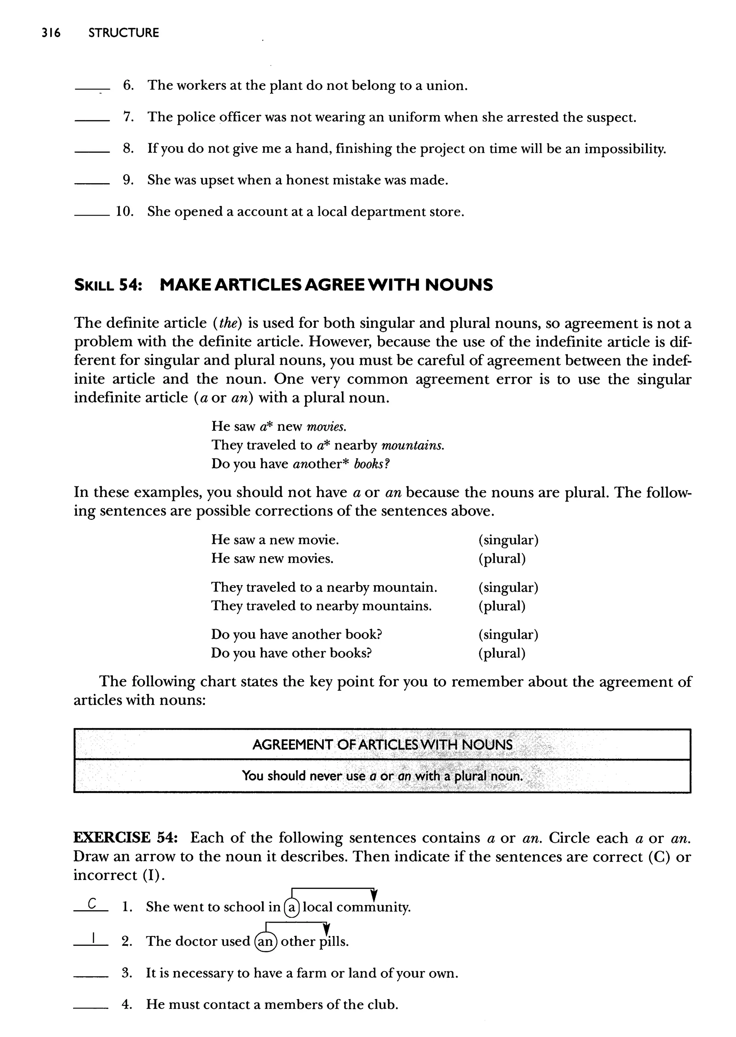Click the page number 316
click(x=50, y=33)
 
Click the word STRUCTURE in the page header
click(x=124, y=33)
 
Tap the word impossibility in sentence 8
click(x=624, y=149)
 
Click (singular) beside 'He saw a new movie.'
click(x=508, y=540)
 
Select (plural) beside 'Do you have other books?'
click(x=502, y=653)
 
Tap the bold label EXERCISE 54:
click(x=126, y=838)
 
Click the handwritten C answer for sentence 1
click(x=92, y=904)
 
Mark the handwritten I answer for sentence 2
click(x=93, y=938)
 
